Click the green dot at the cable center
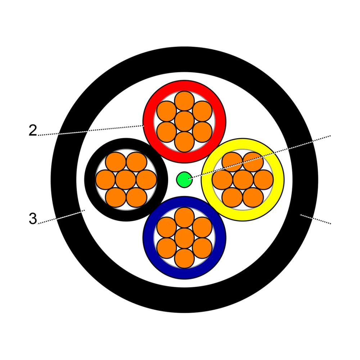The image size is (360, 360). [x=184, y=180]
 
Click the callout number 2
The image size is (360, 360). [x=33, y=130]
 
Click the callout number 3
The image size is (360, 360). [x=33, y=219]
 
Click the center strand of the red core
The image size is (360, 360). [x=184, y=121]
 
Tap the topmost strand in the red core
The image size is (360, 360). [x=184, y=101]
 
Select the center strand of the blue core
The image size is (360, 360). [x=184, y=238]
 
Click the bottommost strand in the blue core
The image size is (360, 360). [x=184, y=258]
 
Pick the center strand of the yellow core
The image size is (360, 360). [x=243, y=180]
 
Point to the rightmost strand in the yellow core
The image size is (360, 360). [x=264, y=180]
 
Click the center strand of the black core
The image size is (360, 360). [x=126, y=180]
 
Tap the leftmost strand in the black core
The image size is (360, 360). [x=105, y=180]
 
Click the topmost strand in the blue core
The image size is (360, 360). [x=184, y=217]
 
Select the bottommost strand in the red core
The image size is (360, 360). [x=184, y=142]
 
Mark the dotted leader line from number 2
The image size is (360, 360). [x=91, y=130]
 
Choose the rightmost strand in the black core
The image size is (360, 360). [x=146, y=180]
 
